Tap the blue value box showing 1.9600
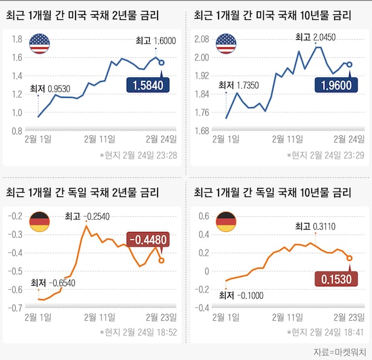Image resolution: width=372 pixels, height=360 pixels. pos(333,86)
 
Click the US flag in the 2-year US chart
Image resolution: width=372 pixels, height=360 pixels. pos(40,43)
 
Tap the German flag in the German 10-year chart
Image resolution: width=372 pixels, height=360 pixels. pos(227,222)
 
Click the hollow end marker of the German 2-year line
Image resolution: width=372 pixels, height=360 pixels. pos(161,260)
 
